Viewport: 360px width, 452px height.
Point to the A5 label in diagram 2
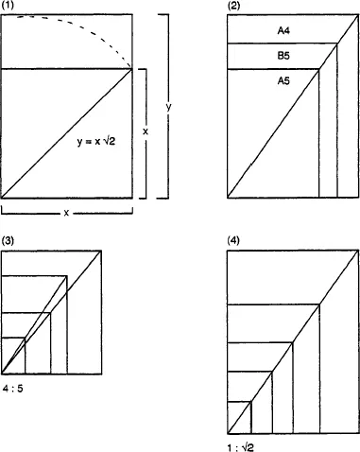coord(283,82)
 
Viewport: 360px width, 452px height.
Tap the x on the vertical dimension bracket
coord(146,131)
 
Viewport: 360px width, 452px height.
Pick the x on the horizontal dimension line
coord(66,213)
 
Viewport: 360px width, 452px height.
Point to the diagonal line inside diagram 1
coord(66,133)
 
